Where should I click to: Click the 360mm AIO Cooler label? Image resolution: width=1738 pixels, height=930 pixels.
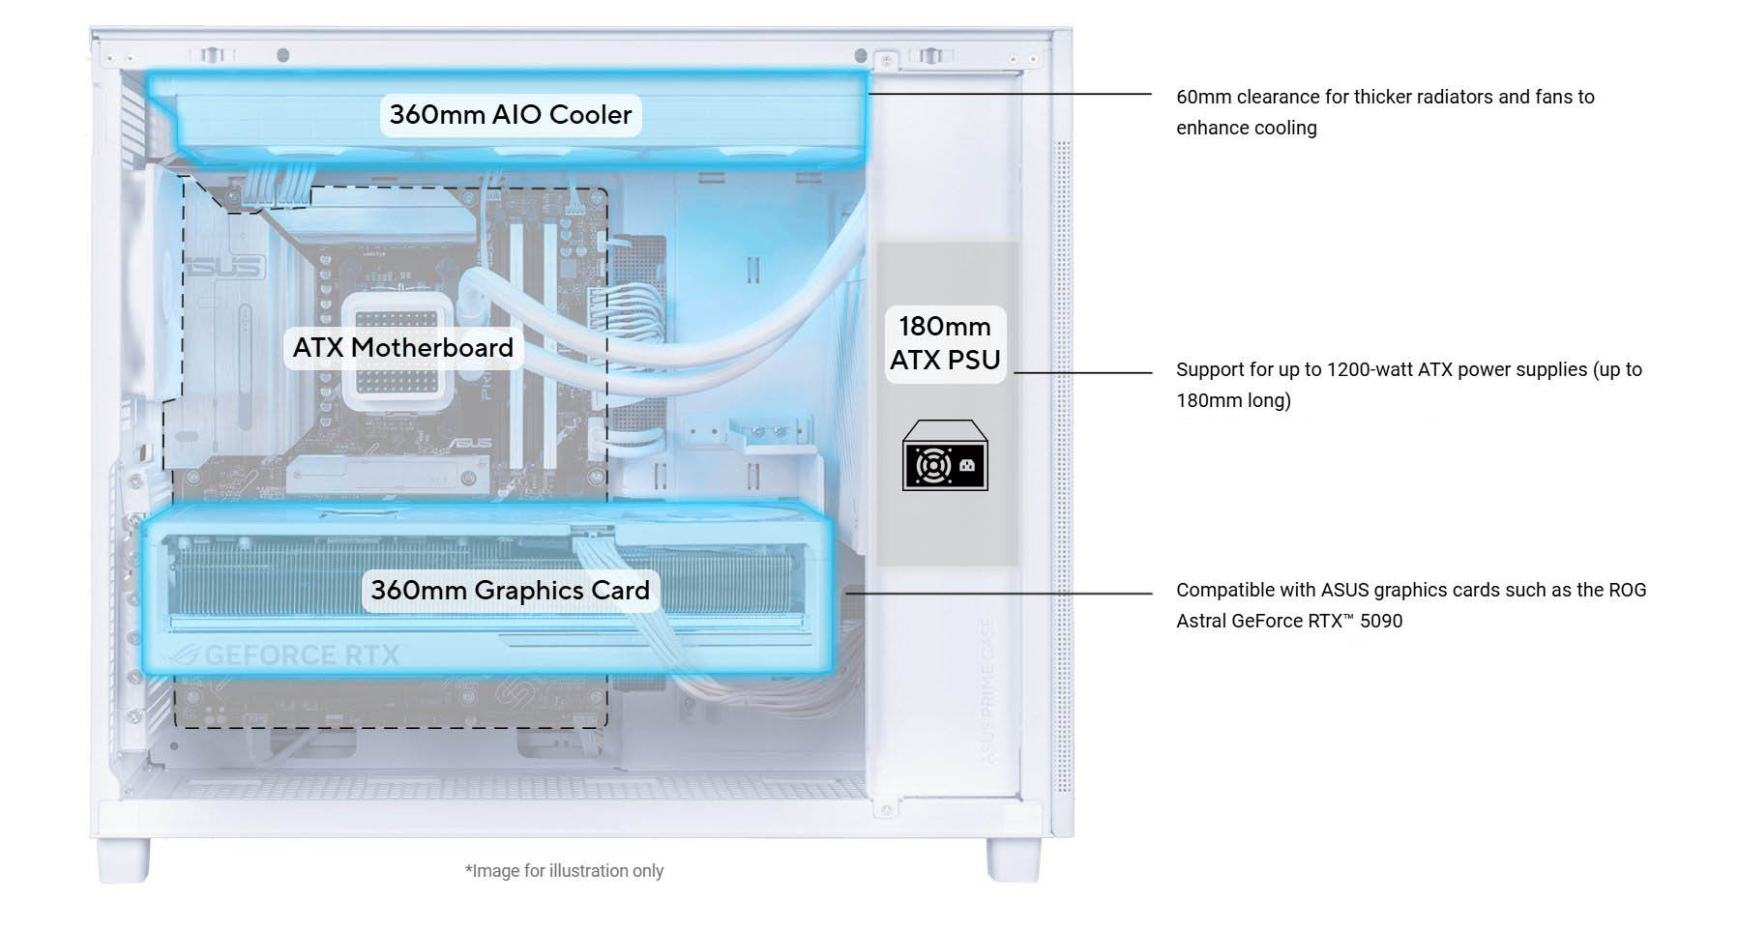click(510, 114)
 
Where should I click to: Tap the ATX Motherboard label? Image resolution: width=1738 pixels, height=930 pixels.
click(402, 347)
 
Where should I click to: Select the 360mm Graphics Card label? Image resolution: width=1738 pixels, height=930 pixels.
click(510, 590)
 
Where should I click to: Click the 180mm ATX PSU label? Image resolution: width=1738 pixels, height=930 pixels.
click(945, 343)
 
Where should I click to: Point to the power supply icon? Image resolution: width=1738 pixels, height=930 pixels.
click(945, 457)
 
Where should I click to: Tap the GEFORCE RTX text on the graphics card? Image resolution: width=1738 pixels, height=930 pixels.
click(301, 655)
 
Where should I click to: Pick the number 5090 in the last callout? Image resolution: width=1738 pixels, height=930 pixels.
click(1381, 621)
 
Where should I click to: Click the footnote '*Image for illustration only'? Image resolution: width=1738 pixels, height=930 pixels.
click(564, 871)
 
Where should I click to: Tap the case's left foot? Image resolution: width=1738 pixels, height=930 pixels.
click(125, 858)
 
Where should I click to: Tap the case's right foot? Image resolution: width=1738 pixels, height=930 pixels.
click(1012, 858)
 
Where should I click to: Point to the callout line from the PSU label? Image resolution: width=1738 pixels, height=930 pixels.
click(1082, 372)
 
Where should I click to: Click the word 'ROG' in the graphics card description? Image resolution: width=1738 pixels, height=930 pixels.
click(1627, 590)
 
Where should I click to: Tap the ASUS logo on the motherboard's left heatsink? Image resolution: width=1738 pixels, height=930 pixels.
click(223, 267)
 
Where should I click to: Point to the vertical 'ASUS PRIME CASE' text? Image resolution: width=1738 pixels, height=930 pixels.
click(987, 691)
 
